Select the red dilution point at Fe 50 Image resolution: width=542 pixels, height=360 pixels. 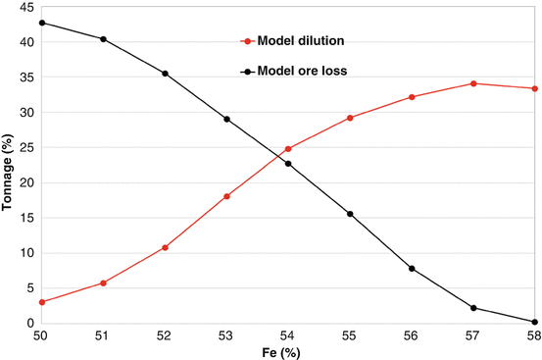click(42, 302)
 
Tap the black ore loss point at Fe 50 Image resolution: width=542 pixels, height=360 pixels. click(42, 23)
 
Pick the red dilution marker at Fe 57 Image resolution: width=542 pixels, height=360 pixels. click(473, 83)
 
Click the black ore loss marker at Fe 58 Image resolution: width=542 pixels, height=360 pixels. click(535, 322)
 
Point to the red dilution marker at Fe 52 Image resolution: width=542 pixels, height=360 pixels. click(165, 247)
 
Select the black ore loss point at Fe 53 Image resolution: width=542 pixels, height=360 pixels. click(226, 119)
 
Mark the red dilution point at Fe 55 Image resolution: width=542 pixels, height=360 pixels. click(350, 118)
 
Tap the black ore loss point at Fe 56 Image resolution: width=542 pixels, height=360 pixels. click(412, 268)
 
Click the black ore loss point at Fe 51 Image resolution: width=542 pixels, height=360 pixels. click(104, 39)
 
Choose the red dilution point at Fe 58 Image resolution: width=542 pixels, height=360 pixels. click(535, 88)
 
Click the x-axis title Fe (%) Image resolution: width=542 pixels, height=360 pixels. click(288, 352)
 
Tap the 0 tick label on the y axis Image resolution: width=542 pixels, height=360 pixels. click(29, 323)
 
